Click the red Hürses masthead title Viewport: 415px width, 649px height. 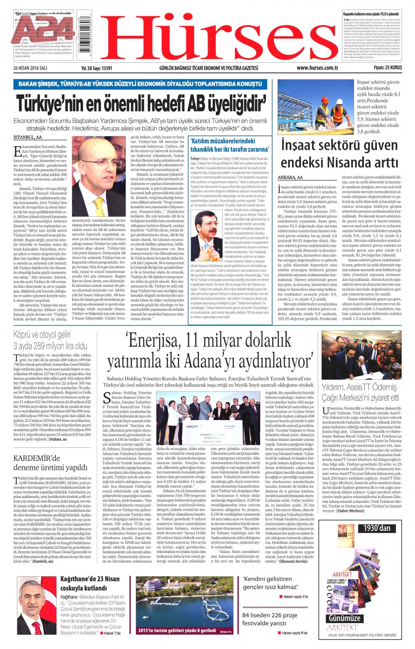click(218, 37)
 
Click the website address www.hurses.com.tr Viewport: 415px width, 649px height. click(317, 68)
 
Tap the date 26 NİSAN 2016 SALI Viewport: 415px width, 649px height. click(30, 68)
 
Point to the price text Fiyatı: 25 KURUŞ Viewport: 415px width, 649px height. click(388, 68)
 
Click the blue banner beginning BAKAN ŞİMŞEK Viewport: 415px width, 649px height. click(140, 84)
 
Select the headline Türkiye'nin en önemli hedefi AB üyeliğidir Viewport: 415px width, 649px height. click(141, 104)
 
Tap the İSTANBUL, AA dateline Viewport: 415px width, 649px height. click(28, 137)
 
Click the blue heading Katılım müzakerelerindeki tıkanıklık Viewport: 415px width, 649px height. click(230, 145)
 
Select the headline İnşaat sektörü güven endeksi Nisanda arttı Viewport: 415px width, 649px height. click(339, 154)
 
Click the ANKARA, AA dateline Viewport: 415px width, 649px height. click(290, 177)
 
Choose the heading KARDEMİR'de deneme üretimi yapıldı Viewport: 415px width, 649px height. click(50, 463)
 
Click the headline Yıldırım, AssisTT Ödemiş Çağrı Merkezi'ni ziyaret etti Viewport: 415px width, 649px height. click(361, 392)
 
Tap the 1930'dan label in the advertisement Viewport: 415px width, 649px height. click(377, 528)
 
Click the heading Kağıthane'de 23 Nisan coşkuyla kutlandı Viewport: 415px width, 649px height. click(90, 583)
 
